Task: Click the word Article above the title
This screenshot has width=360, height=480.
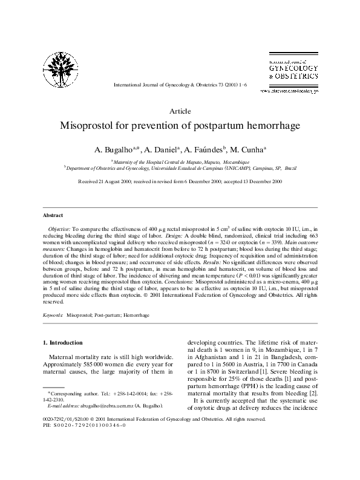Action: (180, 111)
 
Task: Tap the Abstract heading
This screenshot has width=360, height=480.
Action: (53, 215)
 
